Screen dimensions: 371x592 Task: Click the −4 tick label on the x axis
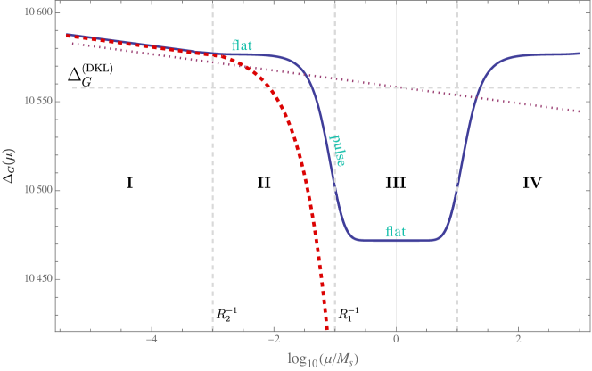click(x=151, y=341)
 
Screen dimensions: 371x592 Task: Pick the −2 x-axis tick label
click(x=273, y=341)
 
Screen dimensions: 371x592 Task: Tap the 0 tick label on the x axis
click(x=396, y=341)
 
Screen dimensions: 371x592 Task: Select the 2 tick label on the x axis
click(x=518, y=341)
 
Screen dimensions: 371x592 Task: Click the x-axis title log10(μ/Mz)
click(x=323, y=359)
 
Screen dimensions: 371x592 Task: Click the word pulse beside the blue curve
click(x=339, y=150)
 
